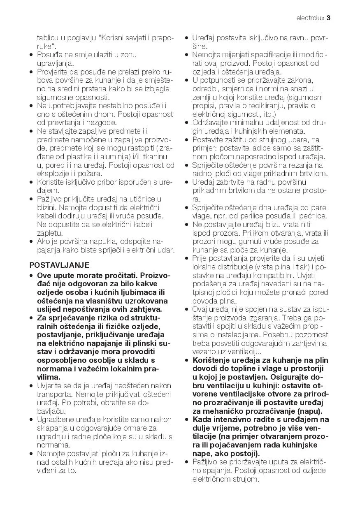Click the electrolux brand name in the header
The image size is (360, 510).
[310, 18]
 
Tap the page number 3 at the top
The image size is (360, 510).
[329, 18]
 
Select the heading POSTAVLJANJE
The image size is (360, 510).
[60, 265]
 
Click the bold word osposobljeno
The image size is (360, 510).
[62, 360]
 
